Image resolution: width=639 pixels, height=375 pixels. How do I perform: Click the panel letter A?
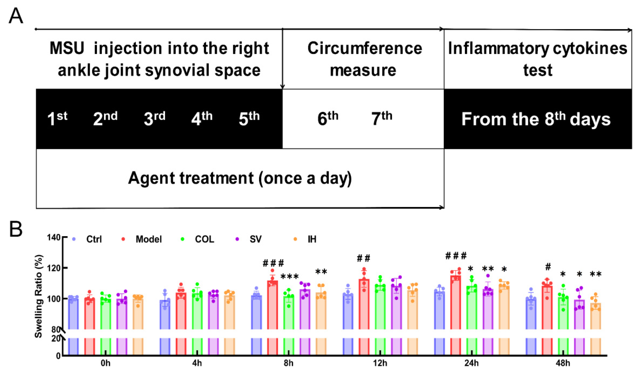tap(16, 16)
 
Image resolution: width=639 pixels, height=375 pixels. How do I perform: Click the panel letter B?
tap(16, 229)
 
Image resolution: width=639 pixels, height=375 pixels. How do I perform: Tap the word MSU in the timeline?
tap(67, 48)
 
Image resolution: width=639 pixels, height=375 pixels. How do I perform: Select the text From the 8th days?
tap(536, 119)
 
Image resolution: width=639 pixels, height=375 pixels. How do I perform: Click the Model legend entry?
tap(148, 239)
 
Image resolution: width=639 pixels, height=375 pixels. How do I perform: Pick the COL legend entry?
tap(204, 239)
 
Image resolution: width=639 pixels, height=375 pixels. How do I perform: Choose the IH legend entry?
tap(312, 239)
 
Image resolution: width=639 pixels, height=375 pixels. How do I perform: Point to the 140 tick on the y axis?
tap(54, 238)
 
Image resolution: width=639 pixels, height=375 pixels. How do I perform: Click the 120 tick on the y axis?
tap(54, 268)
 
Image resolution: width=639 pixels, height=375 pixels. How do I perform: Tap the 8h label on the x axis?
tap(288, 363)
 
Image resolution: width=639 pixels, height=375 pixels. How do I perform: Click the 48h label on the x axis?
tap(563, 363)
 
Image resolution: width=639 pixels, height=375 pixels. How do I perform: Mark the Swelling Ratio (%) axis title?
tap(39, 296)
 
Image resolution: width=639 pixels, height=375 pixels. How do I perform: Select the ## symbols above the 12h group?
tap(363, 258)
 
